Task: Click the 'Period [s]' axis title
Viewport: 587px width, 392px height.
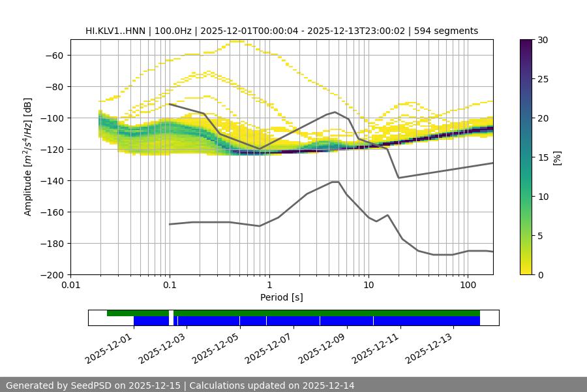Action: pos(282,297)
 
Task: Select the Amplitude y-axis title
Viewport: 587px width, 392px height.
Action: pos(28,157)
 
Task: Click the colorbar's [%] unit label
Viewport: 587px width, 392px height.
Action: pos(557,157)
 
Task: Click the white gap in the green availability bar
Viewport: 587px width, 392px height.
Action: pos(171,314)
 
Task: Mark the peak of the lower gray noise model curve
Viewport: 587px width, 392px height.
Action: pos(335,182)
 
